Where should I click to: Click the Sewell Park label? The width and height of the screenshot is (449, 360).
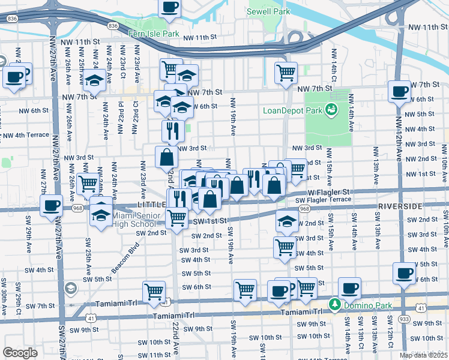pos(269,11)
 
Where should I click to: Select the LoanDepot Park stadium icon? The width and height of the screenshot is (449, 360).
pos(330,109)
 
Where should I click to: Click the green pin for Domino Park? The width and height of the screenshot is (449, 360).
pos(334,305)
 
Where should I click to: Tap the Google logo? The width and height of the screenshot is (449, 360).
pos(20,353)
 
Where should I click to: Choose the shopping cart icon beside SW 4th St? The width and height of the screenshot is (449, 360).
pos(285,246)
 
